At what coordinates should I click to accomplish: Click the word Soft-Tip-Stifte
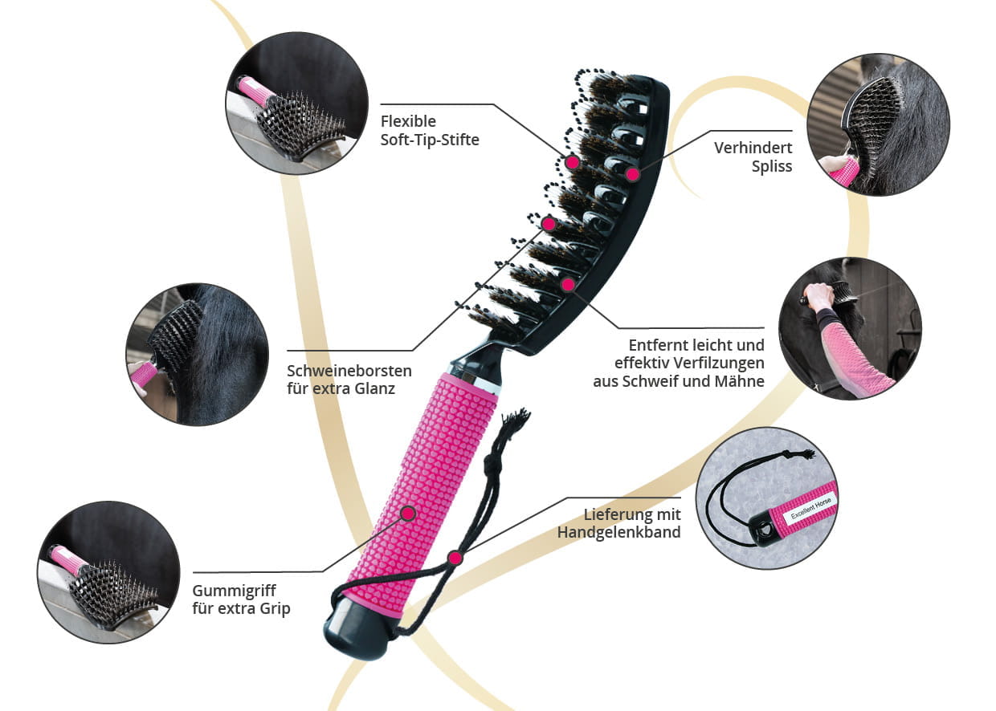tap(430, 140)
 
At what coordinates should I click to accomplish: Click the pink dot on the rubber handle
tap(408, 513)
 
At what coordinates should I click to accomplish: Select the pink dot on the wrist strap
tap(455, 558)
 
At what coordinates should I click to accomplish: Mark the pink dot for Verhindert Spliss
tap(632, 173)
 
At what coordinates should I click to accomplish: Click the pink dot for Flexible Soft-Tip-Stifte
tap(572, 162)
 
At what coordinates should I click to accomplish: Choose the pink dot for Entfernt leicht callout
tap(568, 283)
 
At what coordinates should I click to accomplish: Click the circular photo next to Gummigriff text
tap(108, 571)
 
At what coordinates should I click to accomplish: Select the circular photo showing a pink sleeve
tap(850, 328)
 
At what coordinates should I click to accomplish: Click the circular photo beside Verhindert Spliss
tap(878, 124)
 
